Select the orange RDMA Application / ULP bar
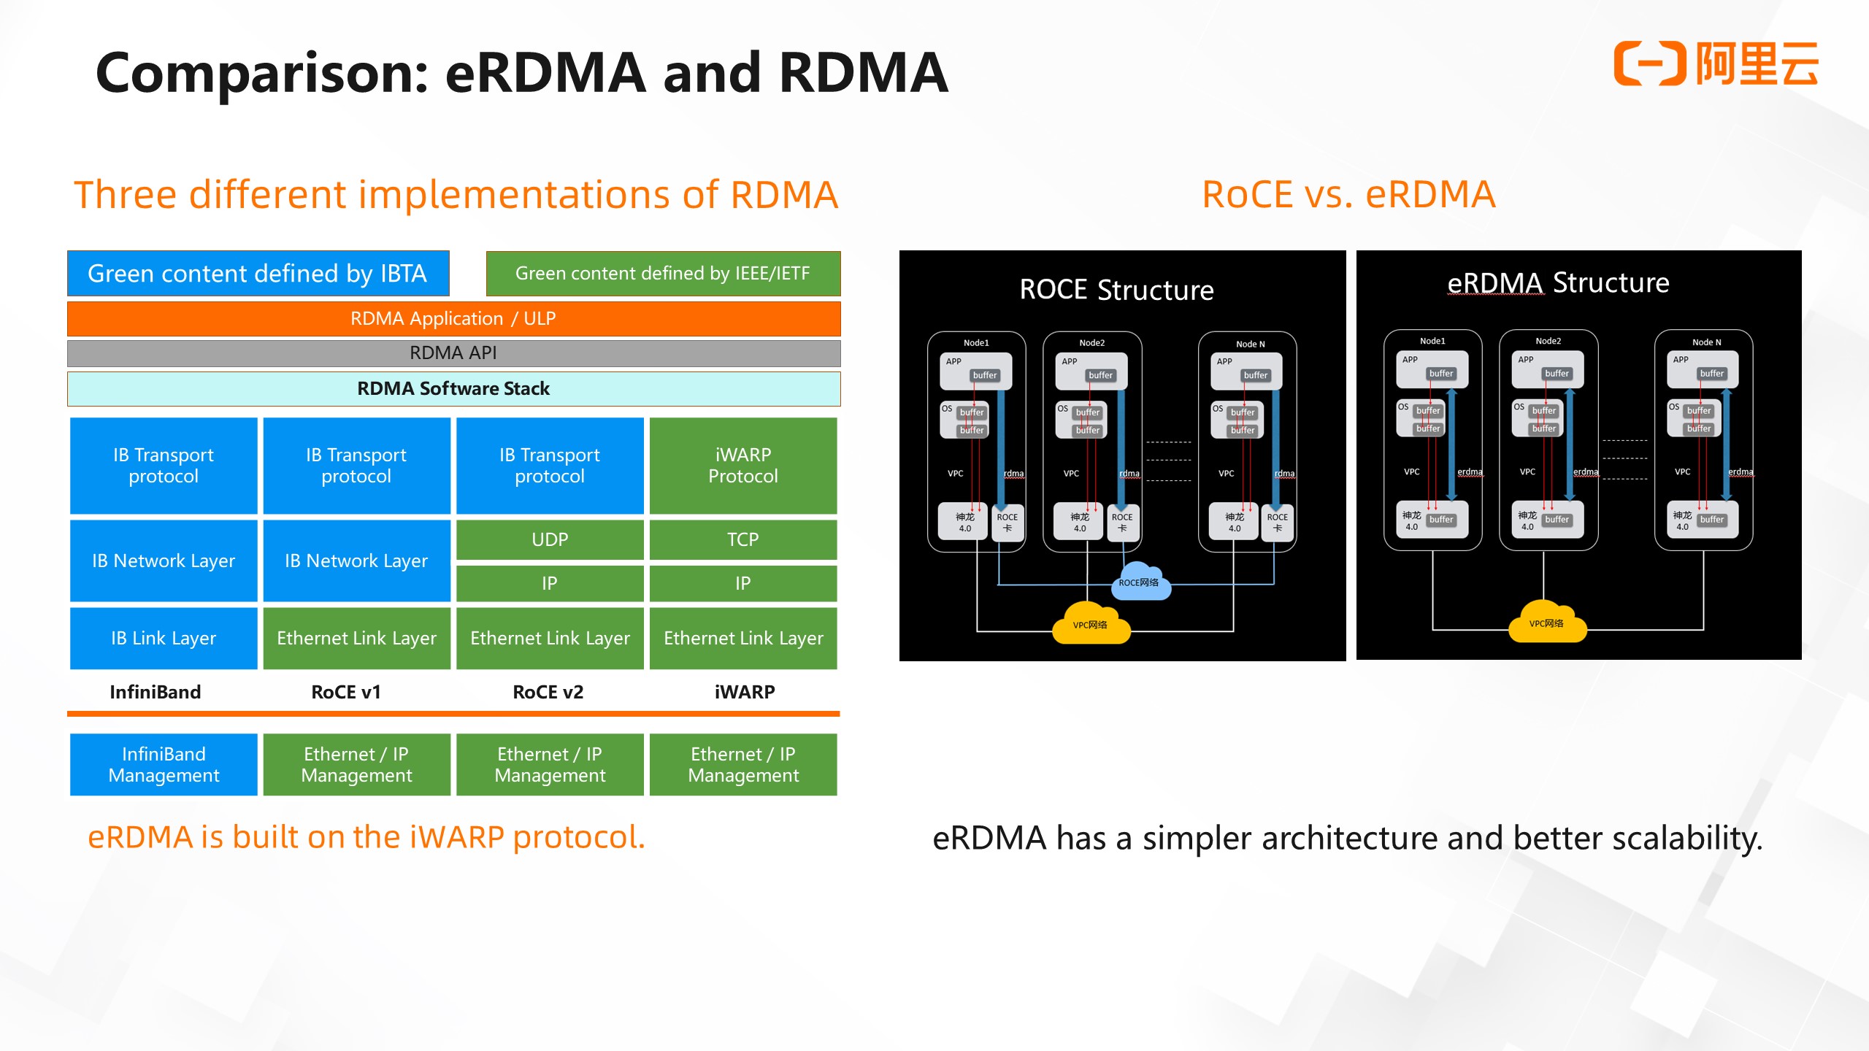click(453, 319)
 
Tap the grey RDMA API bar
click(453, 353)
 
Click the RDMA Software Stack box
click(453, 389)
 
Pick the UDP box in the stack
click(550, 539)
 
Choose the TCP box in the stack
click(743, 539)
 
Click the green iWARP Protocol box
click(743, 466)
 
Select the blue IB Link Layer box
click(164, 638)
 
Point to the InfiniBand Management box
click(164, 764)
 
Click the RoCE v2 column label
click(548, 692)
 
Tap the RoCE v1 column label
click(346, 692)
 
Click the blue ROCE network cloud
click(1139, 582)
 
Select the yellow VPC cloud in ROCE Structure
click(1091, 624)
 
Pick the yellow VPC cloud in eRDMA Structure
click(1547, 623)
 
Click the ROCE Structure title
click(1116, 290)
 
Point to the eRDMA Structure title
click(1558, 282)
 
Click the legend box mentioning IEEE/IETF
click(663, 274)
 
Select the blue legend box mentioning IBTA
click(258, 274)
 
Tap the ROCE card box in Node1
click(1008, 523)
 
